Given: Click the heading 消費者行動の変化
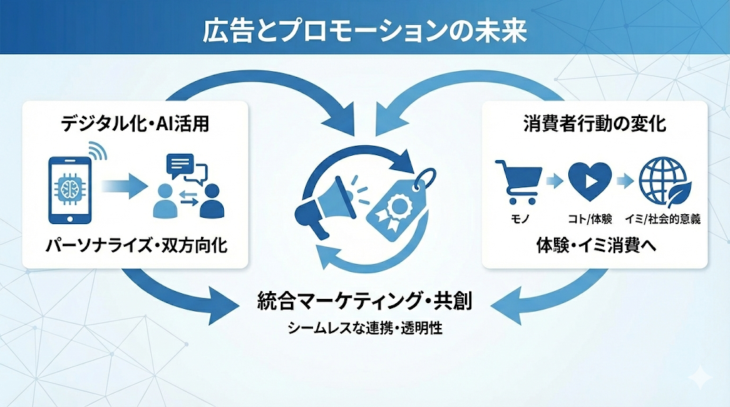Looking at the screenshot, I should [x=595, y=123].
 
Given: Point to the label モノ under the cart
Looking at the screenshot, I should [x=518, y=218].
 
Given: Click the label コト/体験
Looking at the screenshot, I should [x=590, y=218].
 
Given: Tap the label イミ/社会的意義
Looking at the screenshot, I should [x=664, y=218].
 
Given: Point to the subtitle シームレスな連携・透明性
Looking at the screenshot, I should [x=364, y=329].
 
